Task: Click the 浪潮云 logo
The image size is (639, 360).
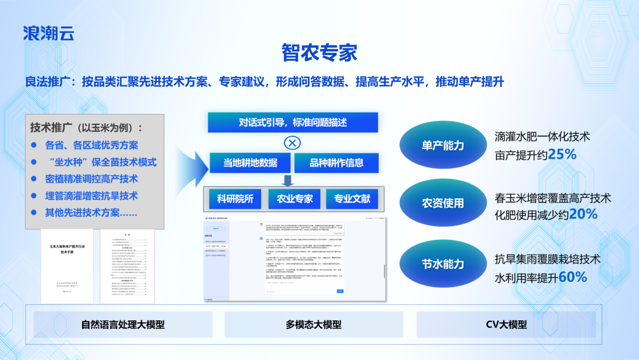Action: click(49, 33)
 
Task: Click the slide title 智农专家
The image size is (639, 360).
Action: click(319, 53)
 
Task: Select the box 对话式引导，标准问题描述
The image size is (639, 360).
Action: click(292, 123)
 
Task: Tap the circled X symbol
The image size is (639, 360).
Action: click(292, 143)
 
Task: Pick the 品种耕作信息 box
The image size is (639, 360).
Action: click(336, 163)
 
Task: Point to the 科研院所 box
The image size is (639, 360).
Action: click(235, 199)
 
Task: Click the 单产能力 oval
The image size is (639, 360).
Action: click(443, 145)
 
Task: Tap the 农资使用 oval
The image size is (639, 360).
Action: click(443, 203)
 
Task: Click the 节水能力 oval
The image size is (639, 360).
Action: click(443, 263)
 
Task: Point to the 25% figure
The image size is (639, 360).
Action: click(562, 155)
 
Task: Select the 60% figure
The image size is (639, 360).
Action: click(572, 277)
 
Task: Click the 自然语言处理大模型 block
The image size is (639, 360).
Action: click(122, 324)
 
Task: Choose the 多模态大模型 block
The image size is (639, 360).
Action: click(314, 324)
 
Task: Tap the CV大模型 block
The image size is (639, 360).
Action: click(506, 324)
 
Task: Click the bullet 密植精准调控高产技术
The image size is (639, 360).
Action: click(92, 179)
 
